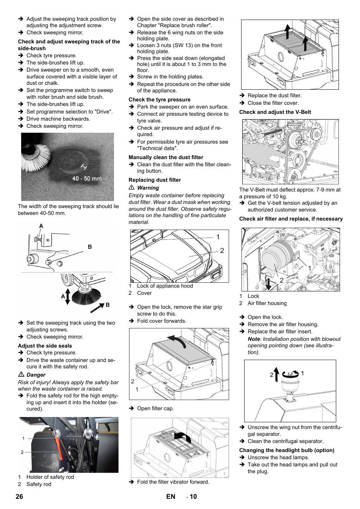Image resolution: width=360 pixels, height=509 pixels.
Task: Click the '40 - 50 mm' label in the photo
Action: click(x=87, y=179)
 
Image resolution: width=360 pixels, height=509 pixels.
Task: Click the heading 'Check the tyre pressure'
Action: click(x=159, y=100)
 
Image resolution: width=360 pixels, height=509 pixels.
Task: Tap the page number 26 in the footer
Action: click(x=19, y=497)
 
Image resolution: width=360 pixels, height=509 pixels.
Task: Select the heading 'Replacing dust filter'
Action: click(x=155, y=180)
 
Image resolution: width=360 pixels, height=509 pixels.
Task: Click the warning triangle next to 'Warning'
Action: click(x=132, y=188)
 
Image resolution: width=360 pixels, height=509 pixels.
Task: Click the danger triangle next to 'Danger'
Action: click(x=21, y=375)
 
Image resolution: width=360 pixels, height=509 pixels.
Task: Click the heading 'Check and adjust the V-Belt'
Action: click(x=275, y=112)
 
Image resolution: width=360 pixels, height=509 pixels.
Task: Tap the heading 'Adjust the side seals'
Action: click(x=45, y=346)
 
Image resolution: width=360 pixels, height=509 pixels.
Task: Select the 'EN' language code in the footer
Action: click(x=171, y=497)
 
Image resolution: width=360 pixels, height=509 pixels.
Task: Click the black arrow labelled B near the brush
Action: click(x=97, y=307)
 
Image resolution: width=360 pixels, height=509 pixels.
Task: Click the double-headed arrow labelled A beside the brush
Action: click(x=68, y=296)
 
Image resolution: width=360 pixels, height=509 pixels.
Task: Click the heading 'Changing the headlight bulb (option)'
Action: click(x=287, y=450)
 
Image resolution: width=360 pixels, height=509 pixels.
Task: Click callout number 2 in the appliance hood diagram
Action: click(x=222, y=251)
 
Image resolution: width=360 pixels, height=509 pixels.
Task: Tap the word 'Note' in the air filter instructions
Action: click(x=254, y=339)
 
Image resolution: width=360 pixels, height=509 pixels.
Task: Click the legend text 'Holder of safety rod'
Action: click(x=50, y=477)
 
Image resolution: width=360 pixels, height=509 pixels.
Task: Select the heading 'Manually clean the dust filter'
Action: click(x=166, y=157)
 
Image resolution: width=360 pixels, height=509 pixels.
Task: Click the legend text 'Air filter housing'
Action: click(x=267, y=303)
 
